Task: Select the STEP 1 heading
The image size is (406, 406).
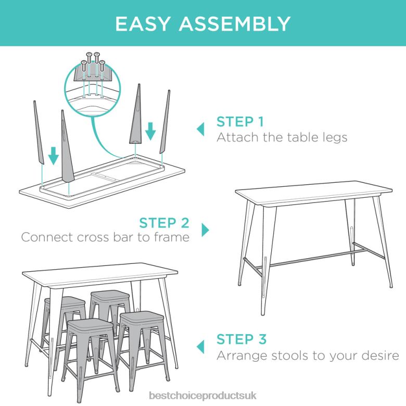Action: [x=240, y=122]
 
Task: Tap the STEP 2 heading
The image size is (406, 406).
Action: [x=164, y=223]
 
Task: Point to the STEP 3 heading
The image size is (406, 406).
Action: [x=242, y=339]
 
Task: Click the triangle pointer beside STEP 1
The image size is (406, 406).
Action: [x=200, y=129]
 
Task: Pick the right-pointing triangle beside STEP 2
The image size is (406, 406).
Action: [x=205, y=230]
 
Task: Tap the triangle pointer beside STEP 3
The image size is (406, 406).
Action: [x=200, y=347]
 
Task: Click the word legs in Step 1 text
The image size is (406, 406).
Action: [x=332, y=138]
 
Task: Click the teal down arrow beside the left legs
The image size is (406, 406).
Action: [x=53, y=155]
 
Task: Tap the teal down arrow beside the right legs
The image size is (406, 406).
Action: [x=150, y=132]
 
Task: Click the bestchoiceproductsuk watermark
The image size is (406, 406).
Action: [x=202, y=397]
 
